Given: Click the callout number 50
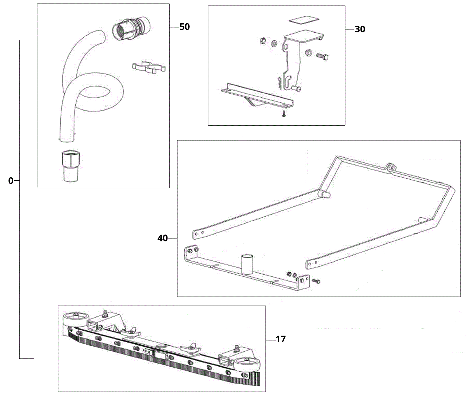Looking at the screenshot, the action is pyautogui.click(x=184, y=27).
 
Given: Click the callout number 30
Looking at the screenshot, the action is pyautogui.click(x=360, y=29).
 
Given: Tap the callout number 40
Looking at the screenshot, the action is pyautogui.click(x=163, y=239).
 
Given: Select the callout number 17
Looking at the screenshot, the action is pyautogui.click(x=280, y=339).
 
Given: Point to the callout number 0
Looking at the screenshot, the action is pyautogui.click(x=11, y=181).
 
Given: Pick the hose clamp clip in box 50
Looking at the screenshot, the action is pyautogui.click(x=149, y=67).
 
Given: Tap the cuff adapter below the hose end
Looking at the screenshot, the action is pyautogui.click(x=71, y=166).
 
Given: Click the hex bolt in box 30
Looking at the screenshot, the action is pyautogui.click(x=322, y=56).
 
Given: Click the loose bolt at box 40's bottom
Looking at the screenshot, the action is pyautogui.click(x=316, y=280).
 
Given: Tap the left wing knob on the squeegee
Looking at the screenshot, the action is pyautogui.click(x=130, y=333).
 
